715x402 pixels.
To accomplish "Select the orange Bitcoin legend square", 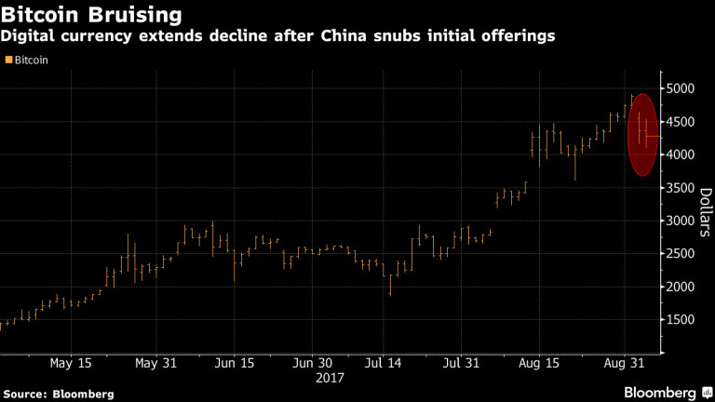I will coord(8,60).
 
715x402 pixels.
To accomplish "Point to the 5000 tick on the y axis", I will coord(681,89).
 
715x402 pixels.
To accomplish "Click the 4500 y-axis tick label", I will coord(681,122).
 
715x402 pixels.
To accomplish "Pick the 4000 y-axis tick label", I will coord(681,155).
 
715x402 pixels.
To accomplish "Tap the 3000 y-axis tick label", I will coord(681,221).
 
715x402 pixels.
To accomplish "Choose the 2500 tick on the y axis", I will coord(681,254).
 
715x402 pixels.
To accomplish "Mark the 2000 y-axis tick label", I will coord(681,287).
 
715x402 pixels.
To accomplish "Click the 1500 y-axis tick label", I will coord(681,320).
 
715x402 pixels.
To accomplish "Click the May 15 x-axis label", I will coord(70,363).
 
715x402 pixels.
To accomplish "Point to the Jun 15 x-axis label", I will coord(234,363).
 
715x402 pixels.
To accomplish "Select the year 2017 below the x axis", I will coord(330,379).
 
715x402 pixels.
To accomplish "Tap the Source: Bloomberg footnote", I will coord(57,394).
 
